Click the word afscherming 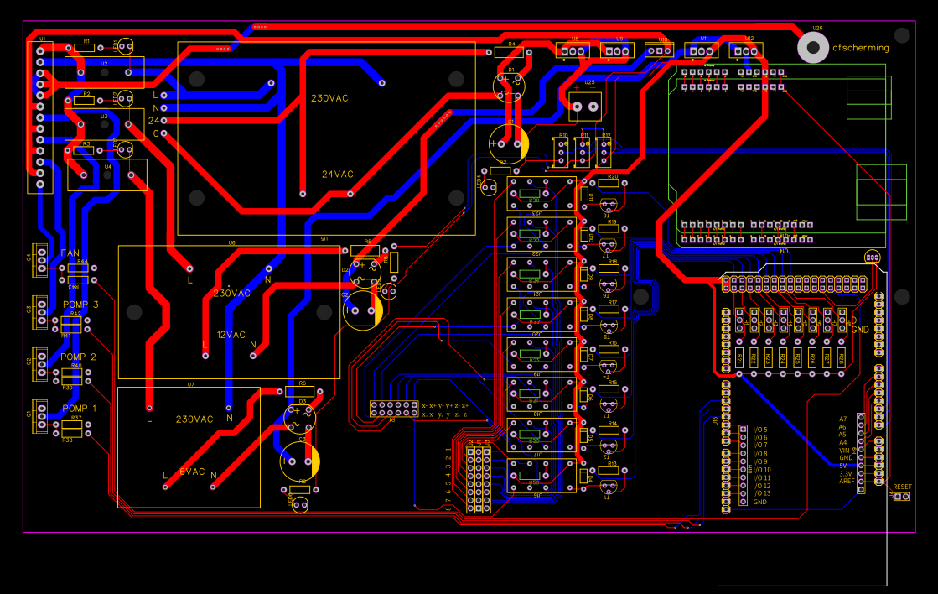coord(861,48)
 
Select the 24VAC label coord(338,175)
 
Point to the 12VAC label coord(231,335)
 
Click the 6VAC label coord(192,472)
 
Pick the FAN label coord(69,253)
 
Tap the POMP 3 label coord(80,305)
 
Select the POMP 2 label coord(79,357)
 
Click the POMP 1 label coord(79,409)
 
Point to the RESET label coord(902,487)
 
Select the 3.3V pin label coord(846,474)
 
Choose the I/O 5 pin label coord(759,430)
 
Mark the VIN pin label coord(846,451)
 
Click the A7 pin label coord(842,419)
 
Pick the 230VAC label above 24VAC coord(329,98)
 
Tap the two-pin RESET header coord(901,497)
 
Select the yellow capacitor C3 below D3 coord(302,461)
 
